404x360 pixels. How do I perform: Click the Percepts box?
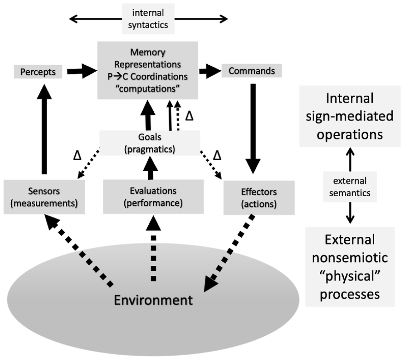(38, 72)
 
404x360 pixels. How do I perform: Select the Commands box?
(252, 71)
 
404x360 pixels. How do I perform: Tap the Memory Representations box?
(147, 70)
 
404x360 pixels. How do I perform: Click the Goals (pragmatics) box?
(150, 143)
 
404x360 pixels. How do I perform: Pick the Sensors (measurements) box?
(44, 197)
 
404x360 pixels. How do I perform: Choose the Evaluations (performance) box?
(153, 197)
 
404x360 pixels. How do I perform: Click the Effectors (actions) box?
(259, 198)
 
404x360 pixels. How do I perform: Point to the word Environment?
(153, 300)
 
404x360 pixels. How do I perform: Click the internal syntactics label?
(148, 19)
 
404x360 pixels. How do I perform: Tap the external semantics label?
(350, 187)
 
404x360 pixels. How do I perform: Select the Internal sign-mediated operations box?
(350, 116)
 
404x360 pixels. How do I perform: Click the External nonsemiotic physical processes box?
(350, 267)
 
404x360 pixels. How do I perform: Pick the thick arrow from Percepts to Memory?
(80, 72)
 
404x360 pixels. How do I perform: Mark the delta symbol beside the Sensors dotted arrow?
(77, 155)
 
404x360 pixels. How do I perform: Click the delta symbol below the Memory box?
(189, 116)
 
